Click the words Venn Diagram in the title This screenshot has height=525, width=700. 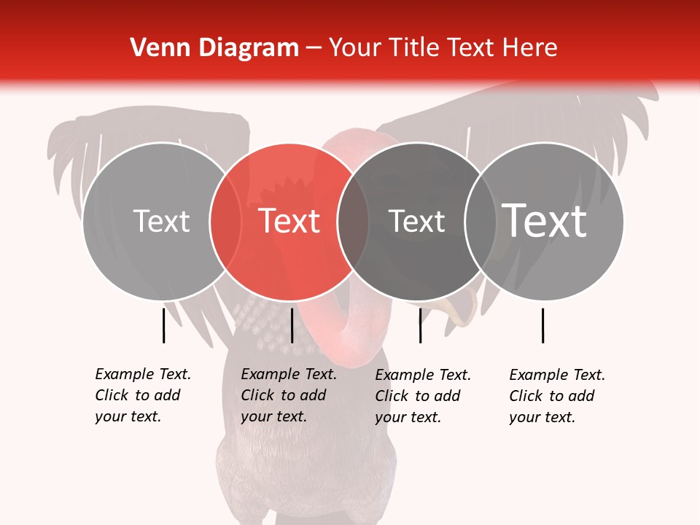pos(214,48)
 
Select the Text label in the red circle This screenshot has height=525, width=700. pos(289,221)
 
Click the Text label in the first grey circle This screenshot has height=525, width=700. pos(161,221)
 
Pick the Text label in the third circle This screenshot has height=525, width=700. pos(416,221)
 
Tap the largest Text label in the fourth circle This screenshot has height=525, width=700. pos(545,221)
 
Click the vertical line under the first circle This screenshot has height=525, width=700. pos(163,325)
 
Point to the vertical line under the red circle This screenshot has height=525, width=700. pos(292,325)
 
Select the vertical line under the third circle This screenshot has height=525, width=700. pos(420,325)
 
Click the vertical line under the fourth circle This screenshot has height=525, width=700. pos(542,325)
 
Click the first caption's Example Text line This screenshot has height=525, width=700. pos(143,374)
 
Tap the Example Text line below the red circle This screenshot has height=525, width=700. pos(289,374)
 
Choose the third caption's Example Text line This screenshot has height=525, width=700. pos(423,375)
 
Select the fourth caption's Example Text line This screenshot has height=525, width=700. pos(557,375)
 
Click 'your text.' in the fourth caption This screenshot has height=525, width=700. pos(542,417)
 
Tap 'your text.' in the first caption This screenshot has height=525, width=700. pos(128,416)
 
